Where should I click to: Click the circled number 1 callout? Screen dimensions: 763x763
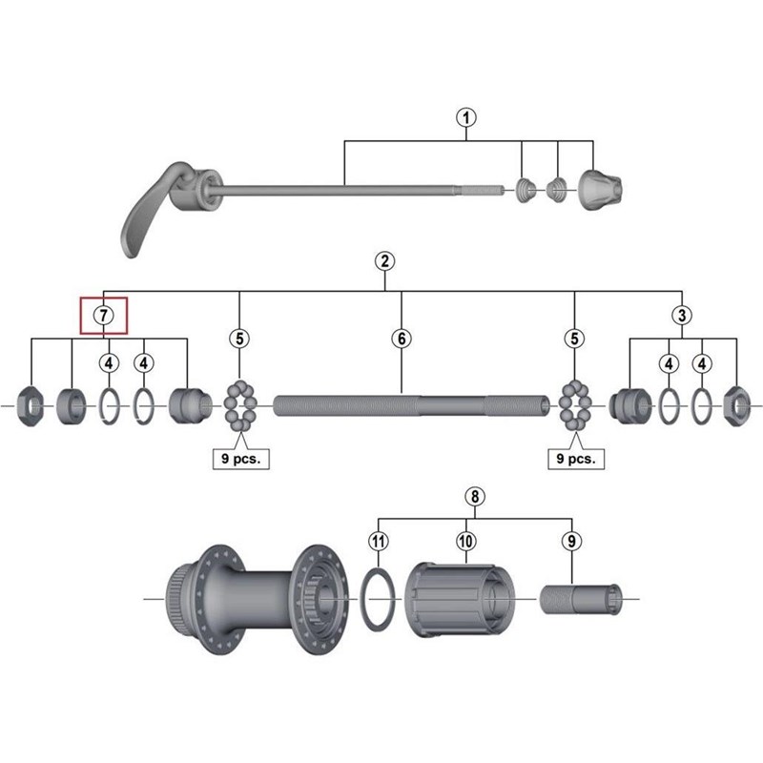(x=466, y=117)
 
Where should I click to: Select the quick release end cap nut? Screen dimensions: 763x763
(x=600, y=190)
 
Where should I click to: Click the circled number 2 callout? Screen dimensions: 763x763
(x=385, y=261)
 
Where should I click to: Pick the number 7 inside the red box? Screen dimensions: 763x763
(x=104, y=316)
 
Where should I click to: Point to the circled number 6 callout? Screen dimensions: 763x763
(x=402, y=339)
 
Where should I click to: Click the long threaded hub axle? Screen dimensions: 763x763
(x=412, y=406)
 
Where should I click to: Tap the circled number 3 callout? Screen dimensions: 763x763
(x=682, y=316)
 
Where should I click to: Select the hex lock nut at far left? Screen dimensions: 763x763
(x=31, y=406)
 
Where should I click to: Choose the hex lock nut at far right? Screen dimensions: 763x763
(x=736, y=406)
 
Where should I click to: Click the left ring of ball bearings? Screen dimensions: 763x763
(x=240, y=406)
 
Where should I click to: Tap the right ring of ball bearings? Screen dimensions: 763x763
(x=575, y=406)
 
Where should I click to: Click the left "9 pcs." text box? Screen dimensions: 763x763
(x=241, y=459)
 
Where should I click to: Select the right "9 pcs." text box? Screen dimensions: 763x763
(x=576, y=459)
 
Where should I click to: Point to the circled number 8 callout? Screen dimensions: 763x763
(x=475, y=496)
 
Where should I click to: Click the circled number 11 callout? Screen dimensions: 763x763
(x=379, y=541)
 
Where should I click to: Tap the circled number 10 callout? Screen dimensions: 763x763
(x=465, y=541)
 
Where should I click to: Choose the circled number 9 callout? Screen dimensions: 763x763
(x=571, y=541)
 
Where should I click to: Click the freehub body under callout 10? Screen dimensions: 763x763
(x=460, y=600)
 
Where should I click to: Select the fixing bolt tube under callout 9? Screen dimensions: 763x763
(x=581, y=600)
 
